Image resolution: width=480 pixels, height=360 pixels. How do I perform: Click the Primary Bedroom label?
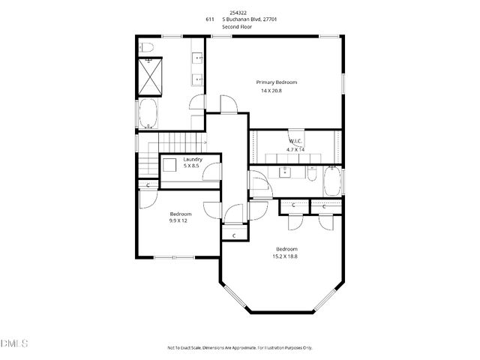(x=277, y=82)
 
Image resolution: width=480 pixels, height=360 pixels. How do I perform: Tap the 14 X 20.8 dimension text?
(x=277, y=91)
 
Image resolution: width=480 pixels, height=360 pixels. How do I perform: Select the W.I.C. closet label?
(x=296, y=141)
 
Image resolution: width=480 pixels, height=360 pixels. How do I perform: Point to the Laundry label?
(x=193, y=159)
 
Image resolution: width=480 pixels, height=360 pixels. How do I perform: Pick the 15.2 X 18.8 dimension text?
(x=286, y=256)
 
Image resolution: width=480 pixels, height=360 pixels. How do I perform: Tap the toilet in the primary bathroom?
(x=147, y=49)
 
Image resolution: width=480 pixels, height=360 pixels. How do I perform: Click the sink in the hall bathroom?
(x=286, y=172)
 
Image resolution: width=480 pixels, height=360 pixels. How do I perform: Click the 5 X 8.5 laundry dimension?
(x=193, y=166)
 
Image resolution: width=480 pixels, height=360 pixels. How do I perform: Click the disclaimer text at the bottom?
(x=239, y=348)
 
